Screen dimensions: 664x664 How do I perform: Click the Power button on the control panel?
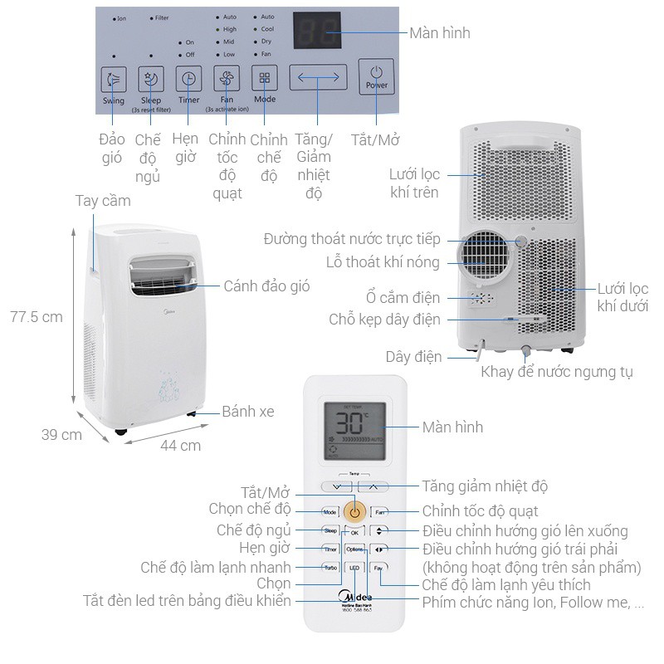pyautogui.click(x=376, y=76)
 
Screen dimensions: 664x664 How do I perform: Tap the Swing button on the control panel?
pyautogui.click(x=113, y=81)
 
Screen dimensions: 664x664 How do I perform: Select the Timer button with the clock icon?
pyautogui.click(x=188, y=80)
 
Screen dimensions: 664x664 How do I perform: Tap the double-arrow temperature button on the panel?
pyautogui.click(x=318, y=77)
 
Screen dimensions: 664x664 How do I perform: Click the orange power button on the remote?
pyautogui.click(x=354, y=511)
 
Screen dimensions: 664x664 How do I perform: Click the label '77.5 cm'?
pyautogui.click(x=37, y=316)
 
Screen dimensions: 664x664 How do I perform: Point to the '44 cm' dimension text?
pyautogui.click(x=180, y=445)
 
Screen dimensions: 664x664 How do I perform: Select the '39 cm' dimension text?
pyautogui.click(x=61, y=434)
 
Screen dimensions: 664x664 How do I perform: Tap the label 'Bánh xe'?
pyautogui.click(x=247, y=411)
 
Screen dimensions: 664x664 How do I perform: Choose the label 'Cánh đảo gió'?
pyautogui.click(x=266, y=286)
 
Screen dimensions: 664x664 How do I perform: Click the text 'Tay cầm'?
pyautogui.click(x=102, y=201)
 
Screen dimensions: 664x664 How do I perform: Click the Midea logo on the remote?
pyautogui.click(x=355, y=597)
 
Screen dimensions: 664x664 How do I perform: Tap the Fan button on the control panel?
pyautogui.click(x=227, y=79)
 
